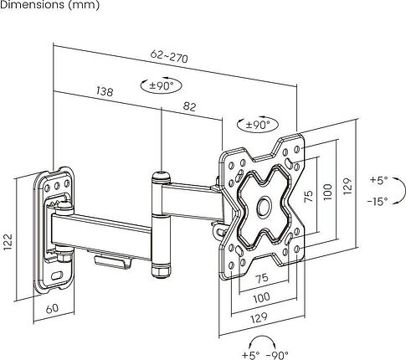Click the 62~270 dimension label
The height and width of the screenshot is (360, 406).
tap(169, 56)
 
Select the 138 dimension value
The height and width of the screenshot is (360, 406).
tap(105, 91)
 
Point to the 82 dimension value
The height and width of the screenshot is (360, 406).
tap(190, 106)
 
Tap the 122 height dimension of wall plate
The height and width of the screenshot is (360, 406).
tap(8, 241)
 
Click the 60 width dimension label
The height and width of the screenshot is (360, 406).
tap(53, 308)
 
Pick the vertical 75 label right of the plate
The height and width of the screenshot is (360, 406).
tap(309, 196)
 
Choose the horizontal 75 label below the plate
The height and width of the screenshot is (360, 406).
tap(262, 278)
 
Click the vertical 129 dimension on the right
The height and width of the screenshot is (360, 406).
tap(347, 186)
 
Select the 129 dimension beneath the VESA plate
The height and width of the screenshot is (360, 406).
tap(260, 317)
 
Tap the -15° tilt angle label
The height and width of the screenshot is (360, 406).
tap(378, 201)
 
